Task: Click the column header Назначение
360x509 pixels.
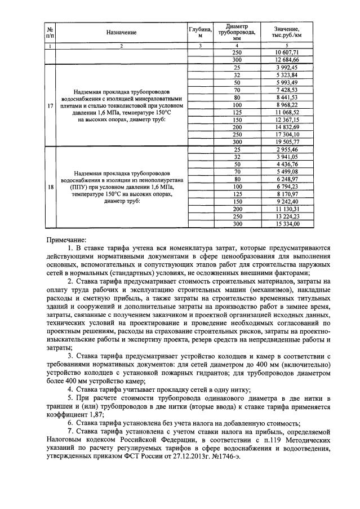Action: [121, 33]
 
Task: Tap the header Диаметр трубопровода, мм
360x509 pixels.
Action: [236, 32]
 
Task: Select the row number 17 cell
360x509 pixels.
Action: [51, 105]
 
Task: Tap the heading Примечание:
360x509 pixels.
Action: [66, 239]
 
